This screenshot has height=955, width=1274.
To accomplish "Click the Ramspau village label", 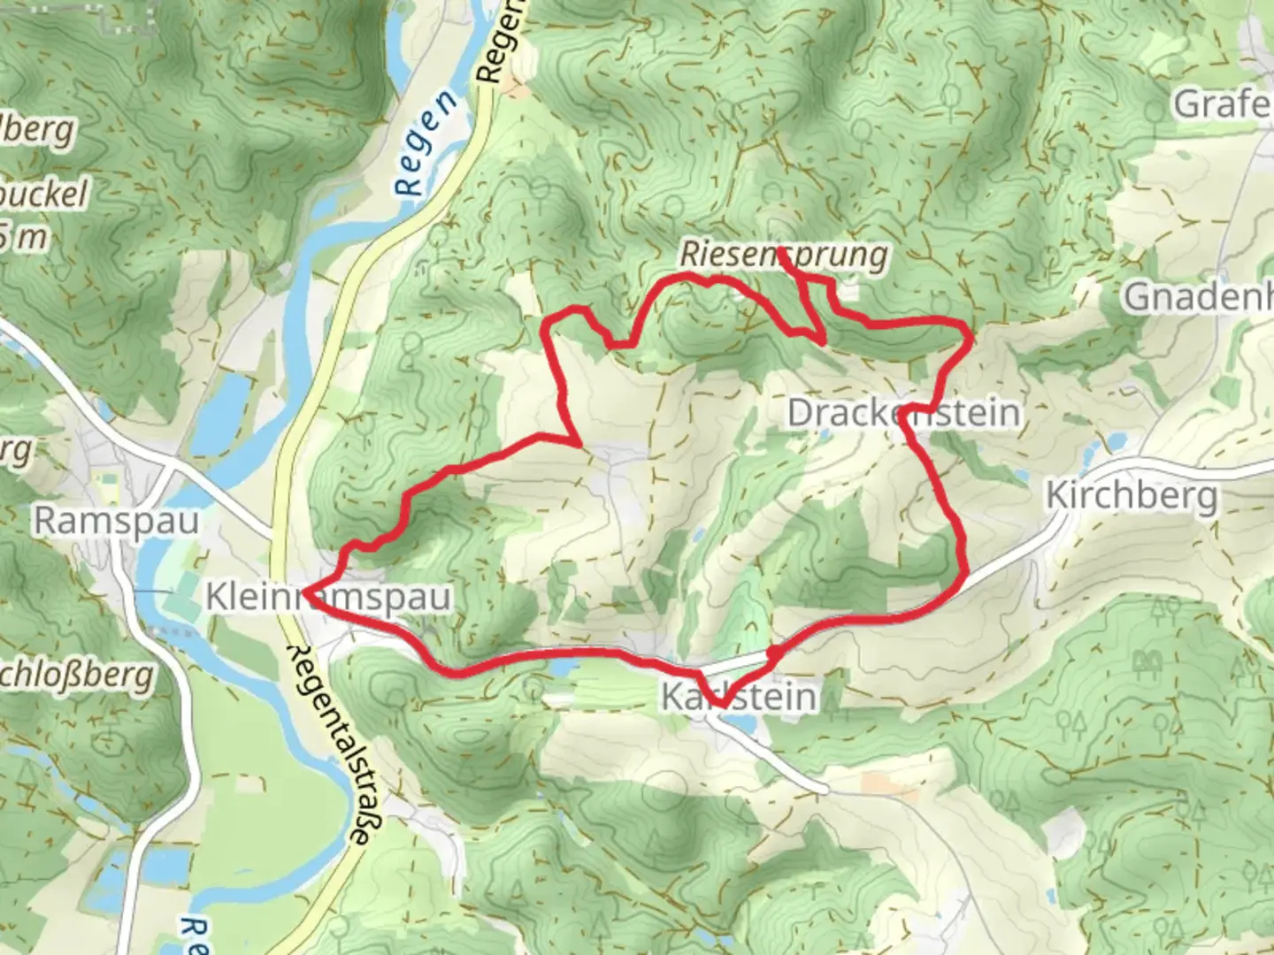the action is (x=116, y=521).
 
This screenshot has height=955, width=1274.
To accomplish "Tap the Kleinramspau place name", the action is (x=328, y=598).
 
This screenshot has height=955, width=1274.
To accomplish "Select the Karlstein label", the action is (x=739, y=697).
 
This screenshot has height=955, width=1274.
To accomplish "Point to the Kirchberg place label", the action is (x=1132, y=496).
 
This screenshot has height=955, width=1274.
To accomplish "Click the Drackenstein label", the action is (x=903, y=413).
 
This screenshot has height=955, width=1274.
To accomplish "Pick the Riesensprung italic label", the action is (x=784, y=256).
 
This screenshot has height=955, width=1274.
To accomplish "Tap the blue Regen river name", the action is (x=426, y=141).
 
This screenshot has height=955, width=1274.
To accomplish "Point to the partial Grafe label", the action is (x=1223, y=105).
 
